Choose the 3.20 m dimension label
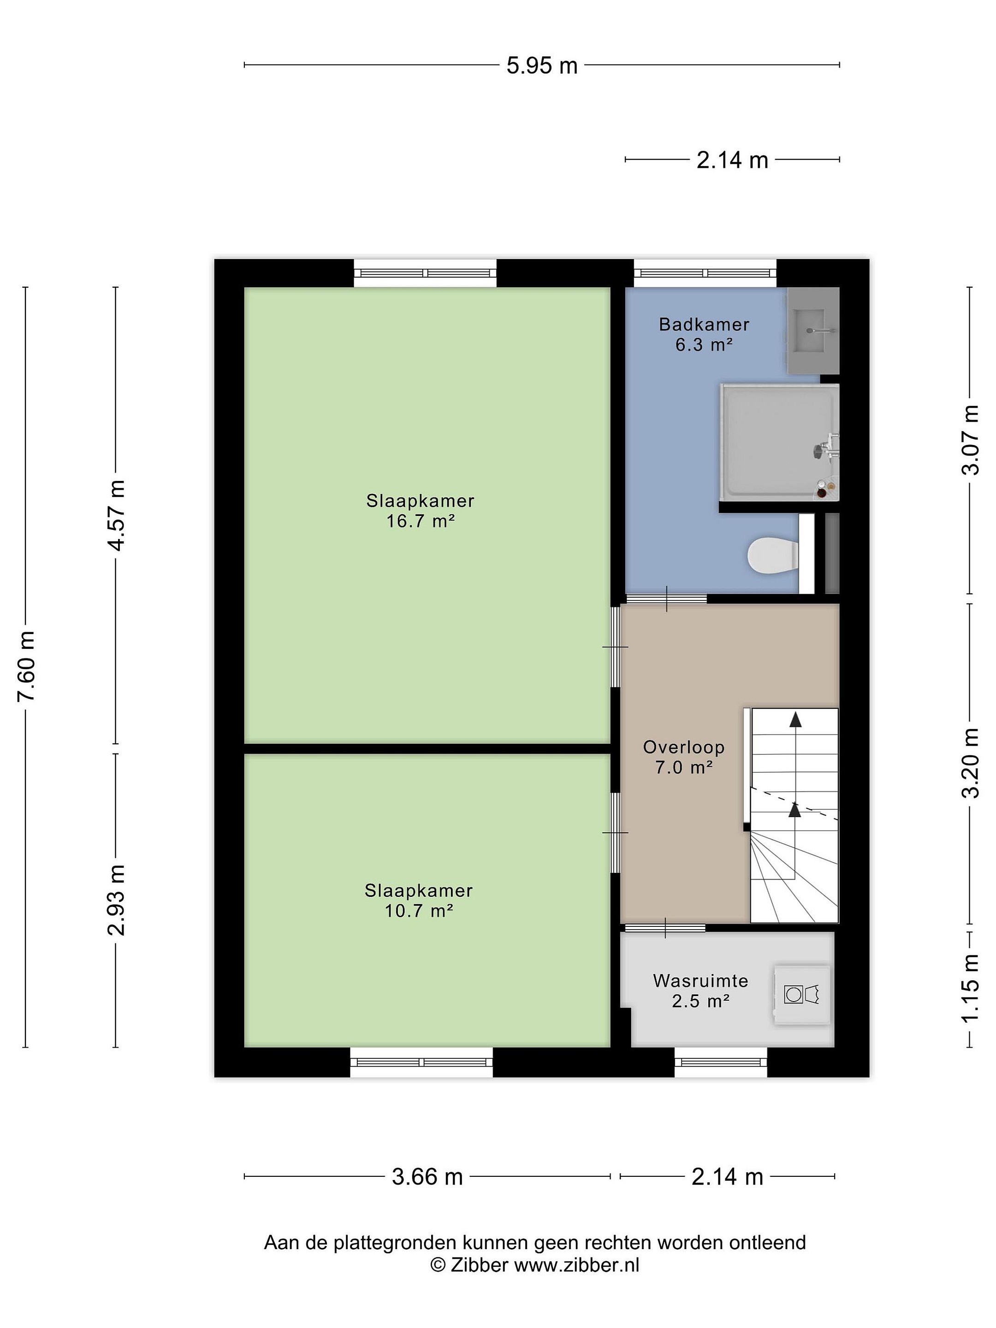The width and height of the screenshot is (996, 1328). [x=971, y=763]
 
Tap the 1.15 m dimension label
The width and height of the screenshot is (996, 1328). [x=971, y=988]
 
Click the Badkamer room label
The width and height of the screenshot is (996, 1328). [x=704, y=325]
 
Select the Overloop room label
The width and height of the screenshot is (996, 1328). [x=684, y=747]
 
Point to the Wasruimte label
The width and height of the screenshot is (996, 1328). [x=700, y=981]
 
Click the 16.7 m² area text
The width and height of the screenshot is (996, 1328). [x=420, y=521]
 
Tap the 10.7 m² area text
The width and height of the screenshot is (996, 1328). [x=418, y=911]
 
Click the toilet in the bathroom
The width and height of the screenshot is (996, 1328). [x=773, y=555]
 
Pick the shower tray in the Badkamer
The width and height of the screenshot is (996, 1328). [x=780, y=443]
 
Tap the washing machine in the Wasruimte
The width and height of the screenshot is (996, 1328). [x=802, y=995]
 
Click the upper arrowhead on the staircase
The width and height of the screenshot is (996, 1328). [x=795, y=719]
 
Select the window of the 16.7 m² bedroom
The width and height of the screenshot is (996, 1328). [x=425, y=273]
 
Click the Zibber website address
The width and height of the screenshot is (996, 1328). [x=576, y=1265]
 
